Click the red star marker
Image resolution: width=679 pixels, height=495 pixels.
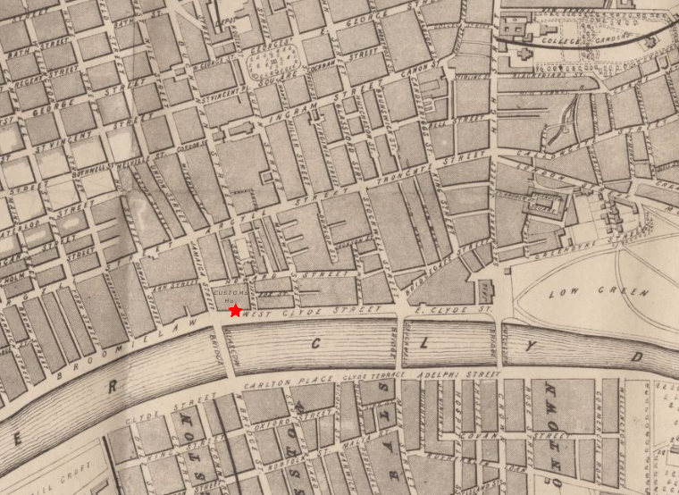pos(235,311)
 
